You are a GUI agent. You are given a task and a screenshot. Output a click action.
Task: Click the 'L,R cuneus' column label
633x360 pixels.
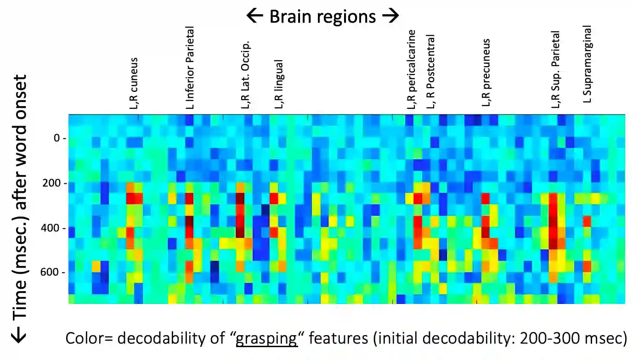point(134,83)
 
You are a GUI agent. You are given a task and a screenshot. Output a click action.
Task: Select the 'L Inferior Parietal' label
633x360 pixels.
point(190,67)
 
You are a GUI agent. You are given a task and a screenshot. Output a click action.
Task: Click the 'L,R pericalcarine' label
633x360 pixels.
point(412,69)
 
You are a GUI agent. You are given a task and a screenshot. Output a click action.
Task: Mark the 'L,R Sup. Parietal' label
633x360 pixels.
point(556,70)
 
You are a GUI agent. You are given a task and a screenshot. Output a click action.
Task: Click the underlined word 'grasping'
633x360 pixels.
point(266,339)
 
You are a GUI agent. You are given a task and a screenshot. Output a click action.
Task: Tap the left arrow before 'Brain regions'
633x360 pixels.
point(255,17)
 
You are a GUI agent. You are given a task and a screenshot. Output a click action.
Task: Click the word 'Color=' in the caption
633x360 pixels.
point(90,339)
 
